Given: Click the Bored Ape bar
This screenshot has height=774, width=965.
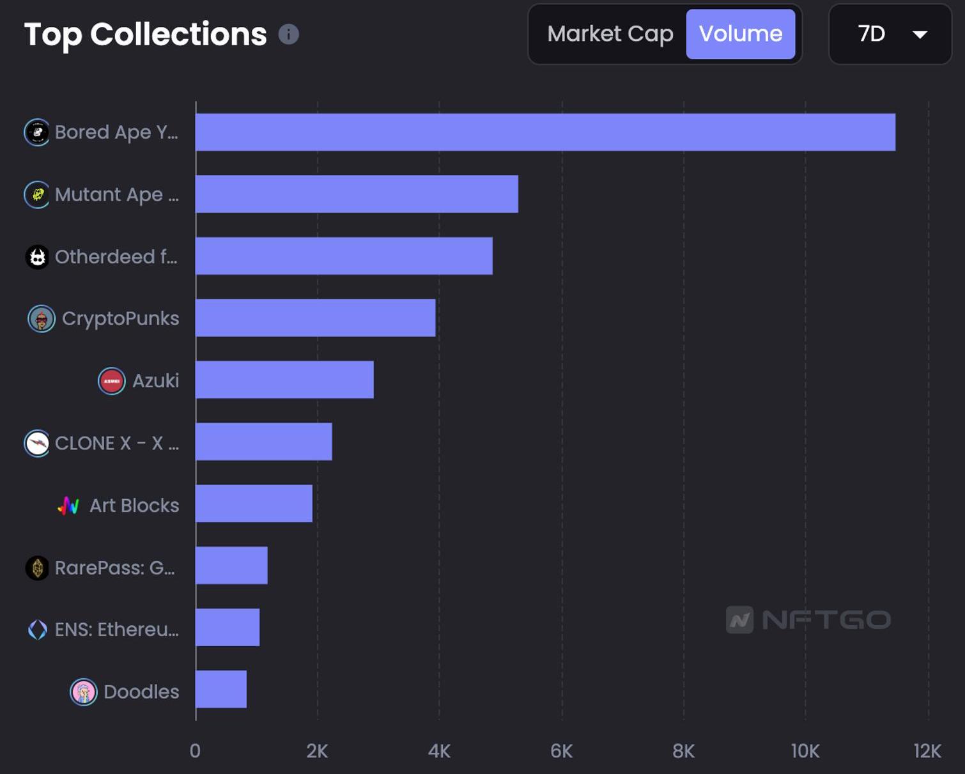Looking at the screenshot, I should (545, 132).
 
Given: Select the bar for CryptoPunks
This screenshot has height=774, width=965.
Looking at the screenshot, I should (315, 318).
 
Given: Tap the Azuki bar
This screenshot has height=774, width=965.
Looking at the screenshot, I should (284, 380).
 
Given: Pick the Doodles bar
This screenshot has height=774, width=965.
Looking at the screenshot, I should (220, 689).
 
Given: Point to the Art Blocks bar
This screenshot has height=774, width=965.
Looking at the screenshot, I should (254, 504).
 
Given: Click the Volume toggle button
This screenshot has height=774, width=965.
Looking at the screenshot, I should (740, 34).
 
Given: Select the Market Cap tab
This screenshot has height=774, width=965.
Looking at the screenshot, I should (610, 34).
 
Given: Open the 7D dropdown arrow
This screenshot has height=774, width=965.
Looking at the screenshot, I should (920, 35).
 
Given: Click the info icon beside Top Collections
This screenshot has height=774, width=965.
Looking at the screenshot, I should (289, 34).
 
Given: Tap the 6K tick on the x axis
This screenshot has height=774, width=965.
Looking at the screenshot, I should (561, 751).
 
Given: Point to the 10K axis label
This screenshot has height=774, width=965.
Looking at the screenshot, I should (805, 751).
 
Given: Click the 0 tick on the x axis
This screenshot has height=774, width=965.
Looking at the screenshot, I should (195, 751).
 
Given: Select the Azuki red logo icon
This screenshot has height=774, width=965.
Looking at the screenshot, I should (111, 381).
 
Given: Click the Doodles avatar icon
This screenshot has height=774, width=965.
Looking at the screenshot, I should (83, 692).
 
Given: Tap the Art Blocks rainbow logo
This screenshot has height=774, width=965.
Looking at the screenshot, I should (68, 506).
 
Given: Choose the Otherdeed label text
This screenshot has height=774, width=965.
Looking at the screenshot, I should (116, 257).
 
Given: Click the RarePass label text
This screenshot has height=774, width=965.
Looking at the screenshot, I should (115, 568).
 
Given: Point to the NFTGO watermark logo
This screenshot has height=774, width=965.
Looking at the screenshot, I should (808, 619).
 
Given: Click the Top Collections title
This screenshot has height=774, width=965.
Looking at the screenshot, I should (145, 35).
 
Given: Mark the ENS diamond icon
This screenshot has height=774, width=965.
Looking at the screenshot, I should (38, 630).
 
